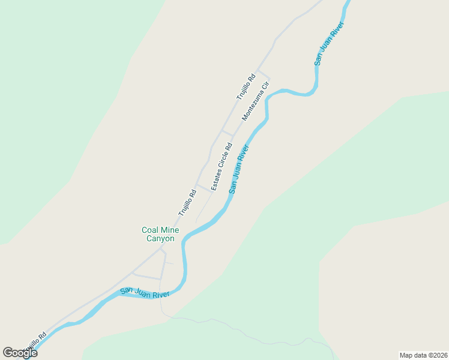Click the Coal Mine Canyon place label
(158, 234)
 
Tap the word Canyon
(160, 239)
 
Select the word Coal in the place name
(149, 230)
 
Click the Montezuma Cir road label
(256, 101)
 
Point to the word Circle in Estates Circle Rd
(221, 164)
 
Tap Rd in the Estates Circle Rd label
(229, 147)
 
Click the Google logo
(20, 353)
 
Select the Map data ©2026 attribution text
(423, 355)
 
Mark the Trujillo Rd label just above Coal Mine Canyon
(187, 203)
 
